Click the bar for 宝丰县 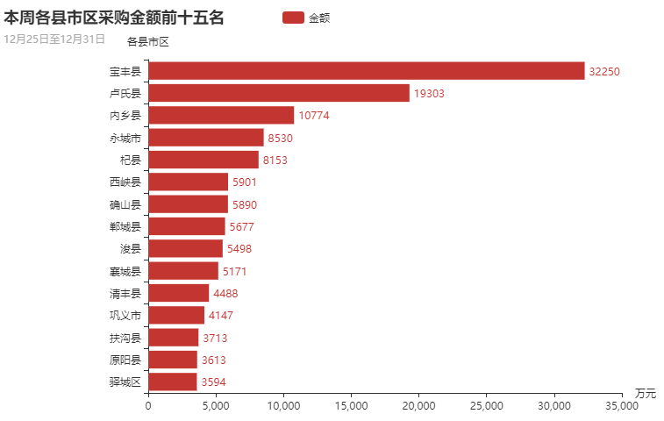click(366, 71)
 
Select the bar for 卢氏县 click(279, 93)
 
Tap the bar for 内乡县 click(221, 115)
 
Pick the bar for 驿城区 click(172, 382)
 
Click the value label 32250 click(605, 71)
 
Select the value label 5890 click(245, 204)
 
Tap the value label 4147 click(221, 315)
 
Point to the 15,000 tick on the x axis click(351, 406)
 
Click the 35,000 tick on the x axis click(622, 406)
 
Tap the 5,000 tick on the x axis click(216, 406)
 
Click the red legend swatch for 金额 click(293, 17)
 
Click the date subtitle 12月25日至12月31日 click(54, 39)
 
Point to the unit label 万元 click(645, 392)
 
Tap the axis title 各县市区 click(147, 41)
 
